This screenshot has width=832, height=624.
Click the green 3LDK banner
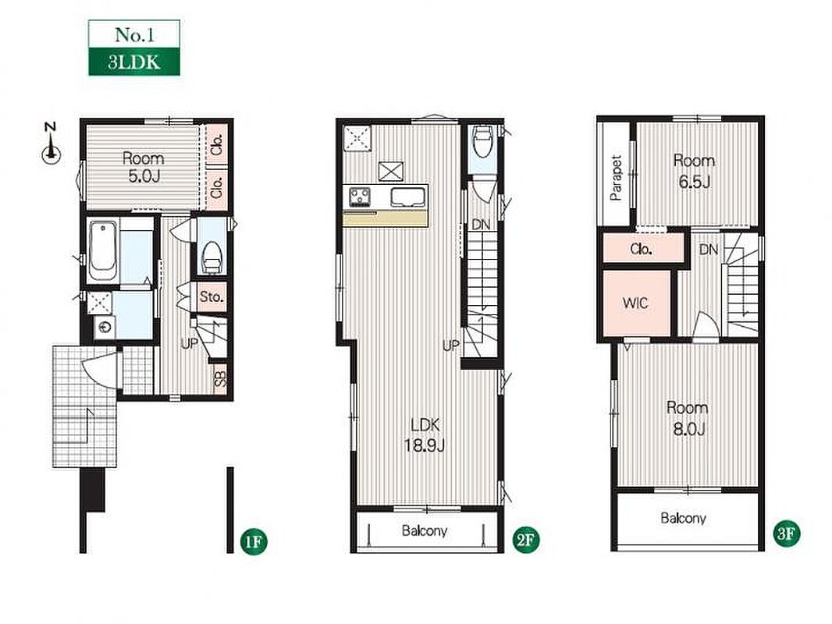(133, 62)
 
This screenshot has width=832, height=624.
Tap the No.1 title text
(134, 35)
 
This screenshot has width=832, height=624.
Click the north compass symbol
(51, 147)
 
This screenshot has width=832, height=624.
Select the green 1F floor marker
(254, 541)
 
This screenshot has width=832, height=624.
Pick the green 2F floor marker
(526, 541)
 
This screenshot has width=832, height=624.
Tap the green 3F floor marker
(787, 534)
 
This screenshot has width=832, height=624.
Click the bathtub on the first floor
(103, 250)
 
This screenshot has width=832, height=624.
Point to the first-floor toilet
(212, 257)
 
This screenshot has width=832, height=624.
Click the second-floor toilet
(482, 141)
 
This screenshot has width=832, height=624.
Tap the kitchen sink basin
(407, 197)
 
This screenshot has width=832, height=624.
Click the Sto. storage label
(212, 297)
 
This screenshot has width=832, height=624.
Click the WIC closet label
(635, 303)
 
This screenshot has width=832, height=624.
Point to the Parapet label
(616, 178)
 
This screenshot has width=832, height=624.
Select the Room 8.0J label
(688, 418)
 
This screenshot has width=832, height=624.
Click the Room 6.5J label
(694, 171)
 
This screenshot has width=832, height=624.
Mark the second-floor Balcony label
(425, 530)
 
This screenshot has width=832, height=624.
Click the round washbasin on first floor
(105, 327)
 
